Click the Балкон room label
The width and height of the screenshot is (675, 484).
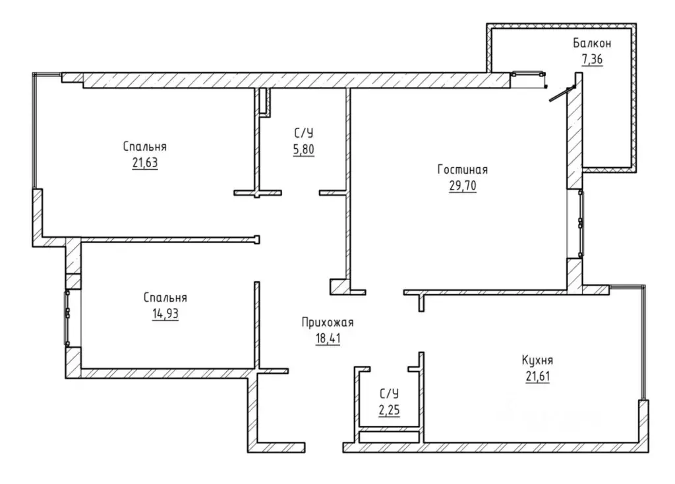pos(592,43)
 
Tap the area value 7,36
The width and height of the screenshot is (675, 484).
pos(593,59)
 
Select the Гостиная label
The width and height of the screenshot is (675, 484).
pos(463,169)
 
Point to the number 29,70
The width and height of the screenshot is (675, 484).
pos(463,186)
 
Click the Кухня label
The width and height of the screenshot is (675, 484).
pos(538,360)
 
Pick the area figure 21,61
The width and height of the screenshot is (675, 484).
pos(538,377)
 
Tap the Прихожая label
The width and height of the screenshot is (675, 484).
pos(328,323)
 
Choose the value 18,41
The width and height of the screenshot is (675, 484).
pos(328,338)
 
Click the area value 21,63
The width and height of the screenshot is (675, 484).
pos(145,163)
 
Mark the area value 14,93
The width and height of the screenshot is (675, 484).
pos(165,314)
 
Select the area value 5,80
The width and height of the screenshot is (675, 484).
pos(304,149)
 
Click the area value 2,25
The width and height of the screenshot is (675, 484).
pos(390,410)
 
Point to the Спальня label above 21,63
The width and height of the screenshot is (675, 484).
pos(145,147)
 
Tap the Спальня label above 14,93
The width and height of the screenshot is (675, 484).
pos(165,298)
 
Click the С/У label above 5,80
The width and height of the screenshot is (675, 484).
pos(304,134)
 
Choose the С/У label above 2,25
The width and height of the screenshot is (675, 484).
pos(390,394)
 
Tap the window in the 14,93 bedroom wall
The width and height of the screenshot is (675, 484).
pos(67,318)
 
